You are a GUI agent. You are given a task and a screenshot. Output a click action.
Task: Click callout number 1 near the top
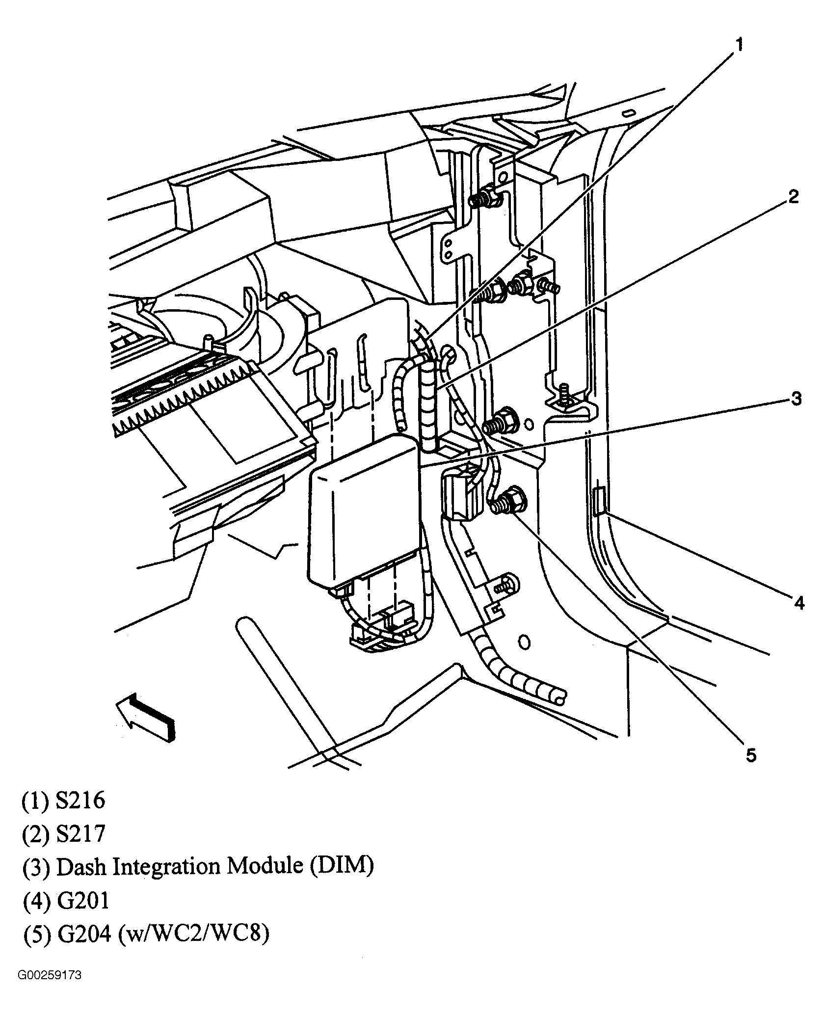pos(739,45)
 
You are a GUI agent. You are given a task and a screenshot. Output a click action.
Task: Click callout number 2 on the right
pos(794,197)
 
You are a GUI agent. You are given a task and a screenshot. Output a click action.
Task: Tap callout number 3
pos(796,399)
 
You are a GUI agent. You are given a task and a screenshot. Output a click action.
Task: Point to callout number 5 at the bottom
pos(751,755)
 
